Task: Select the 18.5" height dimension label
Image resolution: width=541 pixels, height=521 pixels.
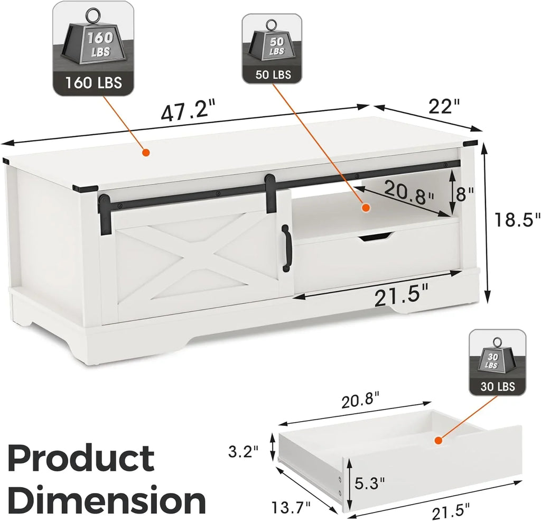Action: [x=517, y=219]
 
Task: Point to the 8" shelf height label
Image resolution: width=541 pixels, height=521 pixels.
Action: [x=465, y=194]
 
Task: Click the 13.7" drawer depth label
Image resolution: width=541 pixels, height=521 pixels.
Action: [x=291, y=507]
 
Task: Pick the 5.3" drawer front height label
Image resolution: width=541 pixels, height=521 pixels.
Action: [x=369, y=483]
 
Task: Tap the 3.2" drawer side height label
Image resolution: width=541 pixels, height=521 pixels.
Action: [x=244, y=451]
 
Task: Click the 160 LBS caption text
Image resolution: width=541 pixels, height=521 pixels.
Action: [x=93, y=82]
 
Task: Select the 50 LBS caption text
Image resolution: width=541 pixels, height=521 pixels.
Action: [x=273, y=74]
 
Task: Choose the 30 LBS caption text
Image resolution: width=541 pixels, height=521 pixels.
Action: [x=498, y=386]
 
